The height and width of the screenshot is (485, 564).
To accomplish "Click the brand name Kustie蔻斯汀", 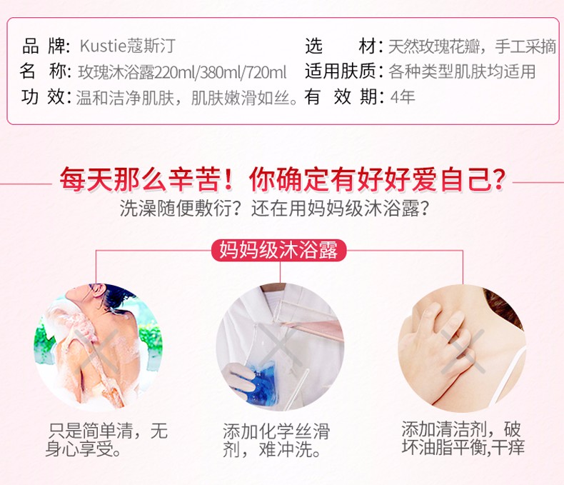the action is click(128, 46).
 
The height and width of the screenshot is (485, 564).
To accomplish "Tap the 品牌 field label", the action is click(46, 46).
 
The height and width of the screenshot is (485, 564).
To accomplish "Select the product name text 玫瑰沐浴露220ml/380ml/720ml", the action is click(182, 72).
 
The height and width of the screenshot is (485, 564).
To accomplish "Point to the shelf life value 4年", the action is click(403, 96).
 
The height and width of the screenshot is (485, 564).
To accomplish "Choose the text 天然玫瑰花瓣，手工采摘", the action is click(473, 46).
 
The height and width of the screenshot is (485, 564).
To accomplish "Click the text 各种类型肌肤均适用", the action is click(462, 71).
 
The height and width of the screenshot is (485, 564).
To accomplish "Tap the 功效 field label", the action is click(46, 96).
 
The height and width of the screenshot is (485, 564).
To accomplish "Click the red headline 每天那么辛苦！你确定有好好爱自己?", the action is click(283, 179).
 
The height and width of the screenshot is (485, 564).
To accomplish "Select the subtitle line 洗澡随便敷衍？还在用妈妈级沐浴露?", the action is click(274, 208).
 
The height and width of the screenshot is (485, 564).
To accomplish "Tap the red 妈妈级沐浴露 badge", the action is click(278, 250).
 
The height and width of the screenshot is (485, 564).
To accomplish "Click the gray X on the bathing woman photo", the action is click(97, 351).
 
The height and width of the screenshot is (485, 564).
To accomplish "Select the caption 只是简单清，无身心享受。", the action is click(107, 440).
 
